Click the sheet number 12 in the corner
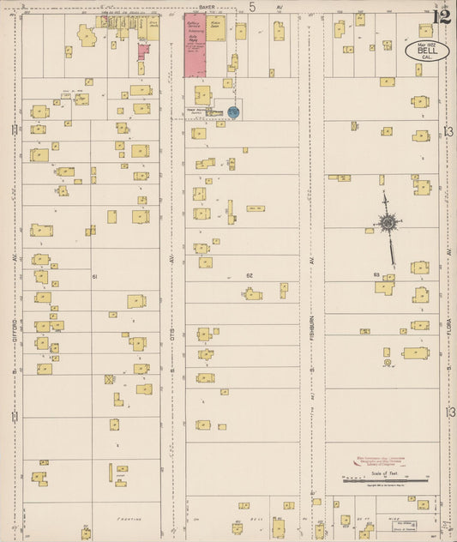(x=441, y=16)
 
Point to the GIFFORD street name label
(x=15, y=325)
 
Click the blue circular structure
(x=233, y=111)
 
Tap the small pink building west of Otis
(x=143, y=50)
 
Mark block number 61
(x=94, y=276)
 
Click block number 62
(x=250, y=275)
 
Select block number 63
(x=376, y=274)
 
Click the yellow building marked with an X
(x=109, y=379)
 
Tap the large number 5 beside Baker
(x=252, y=8)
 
